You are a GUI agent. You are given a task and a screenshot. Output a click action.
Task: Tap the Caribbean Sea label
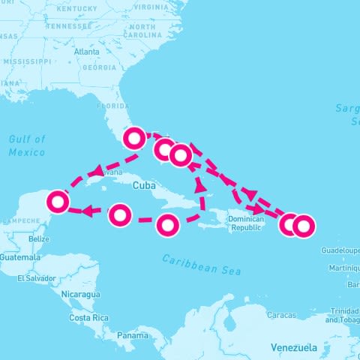(202, 264)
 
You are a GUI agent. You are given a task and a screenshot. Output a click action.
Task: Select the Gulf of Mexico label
(27, 145)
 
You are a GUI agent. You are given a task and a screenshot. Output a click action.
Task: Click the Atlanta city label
(87, 52)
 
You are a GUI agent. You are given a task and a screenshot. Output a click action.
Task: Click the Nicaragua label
(80, 294)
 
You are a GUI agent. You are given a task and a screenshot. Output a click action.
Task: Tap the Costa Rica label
(90, 318)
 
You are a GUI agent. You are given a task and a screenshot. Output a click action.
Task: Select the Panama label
(132, 336)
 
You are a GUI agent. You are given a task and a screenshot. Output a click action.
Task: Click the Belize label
(38, 238)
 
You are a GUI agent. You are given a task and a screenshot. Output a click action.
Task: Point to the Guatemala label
(20, 257)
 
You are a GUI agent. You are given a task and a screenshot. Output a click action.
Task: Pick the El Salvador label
(37, 278)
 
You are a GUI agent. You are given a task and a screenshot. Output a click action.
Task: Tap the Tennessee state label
(67, 25)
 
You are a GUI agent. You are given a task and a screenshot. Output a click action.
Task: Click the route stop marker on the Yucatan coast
(58, 201)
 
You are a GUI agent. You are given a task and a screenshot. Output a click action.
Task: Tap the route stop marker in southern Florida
(134, 137)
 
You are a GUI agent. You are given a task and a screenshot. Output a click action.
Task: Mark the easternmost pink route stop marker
(303, 224)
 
